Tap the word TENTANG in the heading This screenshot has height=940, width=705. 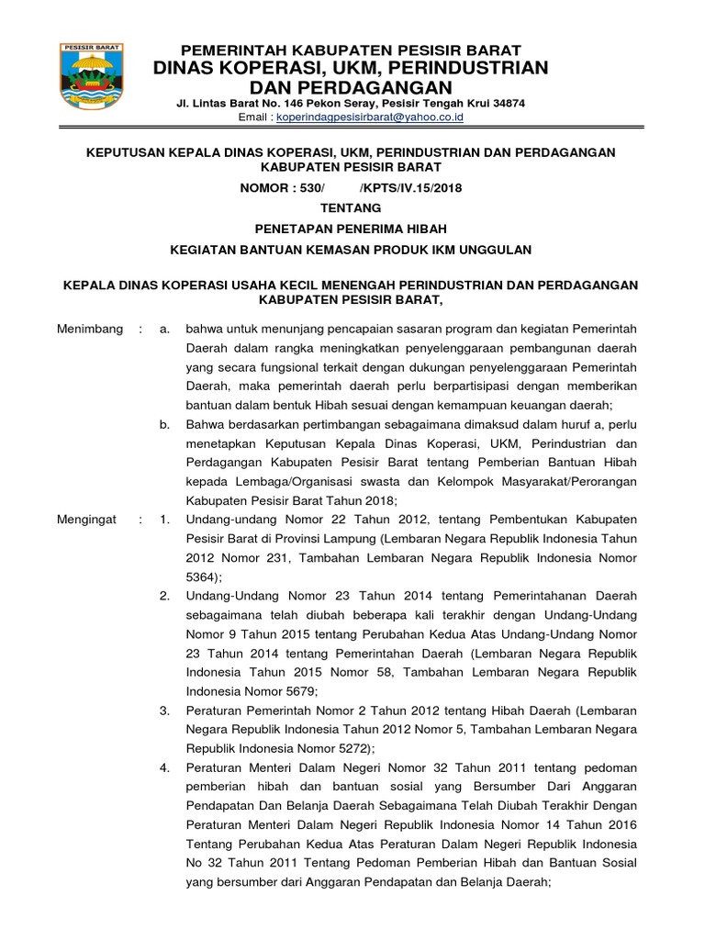(x=352, y=208)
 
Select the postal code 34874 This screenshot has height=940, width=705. (x=506, y=105)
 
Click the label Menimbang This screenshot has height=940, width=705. (x=89, y=329)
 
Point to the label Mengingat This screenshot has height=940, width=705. (x=86, y=520)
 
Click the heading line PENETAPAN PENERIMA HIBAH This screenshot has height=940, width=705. (x=352, y=229)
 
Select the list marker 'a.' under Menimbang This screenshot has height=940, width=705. (x=164, y=329)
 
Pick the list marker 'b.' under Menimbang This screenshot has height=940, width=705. (x=164, y=424)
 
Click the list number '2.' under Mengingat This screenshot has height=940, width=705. (x=164, y=597)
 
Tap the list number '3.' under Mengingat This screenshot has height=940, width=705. (x=164, y=711)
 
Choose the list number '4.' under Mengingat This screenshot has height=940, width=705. (x=164, y=768)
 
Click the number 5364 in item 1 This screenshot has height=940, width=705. (x=201, y=576)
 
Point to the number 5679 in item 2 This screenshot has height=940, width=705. (x=297, y=691)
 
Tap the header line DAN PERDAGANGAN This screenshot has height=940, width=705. (x=352, y=87)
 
